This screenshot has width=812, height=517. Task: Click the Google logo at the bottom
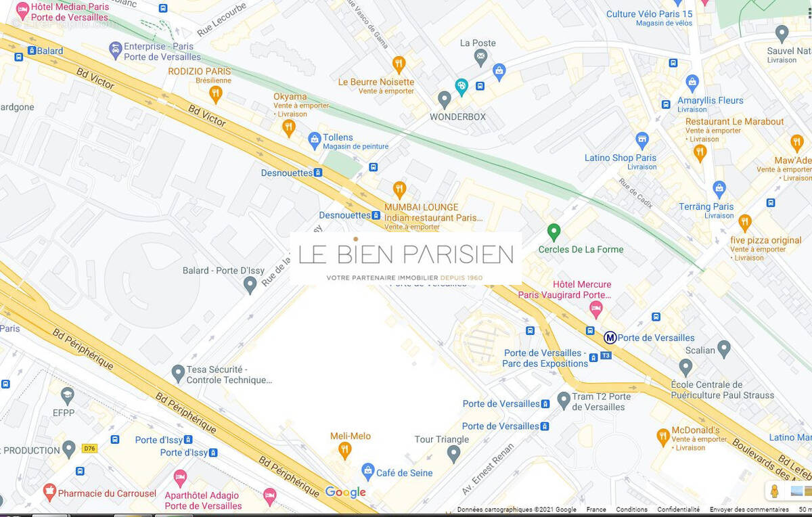[x=345, y=492]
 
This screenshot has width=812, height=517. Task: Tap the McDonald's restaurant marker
[x=663, y=436]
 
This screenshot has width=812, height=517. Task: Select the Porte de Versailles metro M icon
[x=610, y=338]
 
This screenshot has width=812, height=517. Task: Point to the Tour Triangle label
[x=441, y=439]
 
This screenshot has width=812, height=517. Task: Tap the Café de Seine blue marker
[x=367, y=470]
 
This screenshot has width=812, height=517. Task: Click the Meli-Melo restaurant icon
[x=345, y=450]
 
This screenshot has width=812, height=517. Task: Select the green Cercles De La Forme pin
[x=554, y=232]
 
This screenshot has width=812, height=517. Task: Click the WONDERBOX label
[x=457, y=116]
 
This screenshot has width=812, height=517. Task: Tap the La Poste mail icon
[x=480, y=58]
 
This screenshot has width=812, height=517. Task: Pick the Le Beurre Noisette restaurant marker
[x=399, y=64]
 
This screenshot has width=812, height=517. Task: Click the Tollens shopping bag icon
[x=314, y=140]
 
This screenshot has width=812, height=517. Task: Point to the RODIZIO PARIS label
[x=200, y=71]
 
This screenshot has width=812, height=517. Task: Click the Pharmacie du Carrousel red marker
[x=49, y=492]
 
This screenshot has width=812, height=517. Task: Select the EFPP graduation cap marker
[x=67, y=395]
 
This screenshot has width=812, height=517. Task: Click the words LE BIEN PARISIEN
[x=405, y=254]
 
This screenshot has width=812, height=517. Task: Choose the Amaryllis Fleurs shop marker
[x=692, y=83]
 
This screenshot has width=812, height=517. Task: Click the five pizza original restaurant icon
[x=745, y=222]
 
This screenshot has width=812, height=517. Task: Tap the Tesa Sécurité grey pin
[x=178, y=372]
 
